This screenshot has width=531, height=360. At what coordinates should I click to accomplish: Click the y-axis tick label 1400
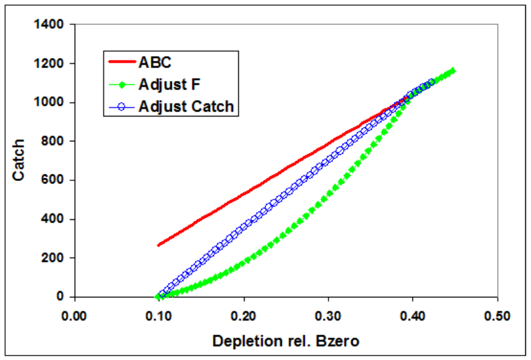[50, 25]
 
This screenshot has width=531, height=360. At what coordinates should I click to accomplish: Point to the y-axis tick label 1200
[50, 64]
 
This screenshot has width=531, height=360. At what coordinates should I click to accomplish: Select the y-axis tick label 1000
[50, 103]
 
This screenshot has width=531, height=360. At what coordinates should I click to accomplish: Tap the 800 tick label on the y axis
[53, 141]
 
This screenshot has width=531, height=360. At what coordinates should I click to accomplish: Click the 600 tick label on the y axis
[53, 180]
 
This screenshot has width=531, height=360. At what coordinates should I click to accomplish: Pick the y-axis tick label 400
[53, 219]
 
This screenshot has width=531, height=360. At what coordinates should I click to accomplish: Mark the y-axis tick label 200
[53, 258]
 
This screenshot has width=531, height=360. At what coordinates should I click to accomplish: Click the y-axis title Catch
[20, 159]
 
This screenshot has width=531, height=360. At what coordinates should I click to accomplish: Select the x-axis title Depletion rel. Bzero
[286, 341]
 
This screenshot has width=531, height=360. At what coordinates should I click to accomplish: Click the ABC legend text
[155, 62]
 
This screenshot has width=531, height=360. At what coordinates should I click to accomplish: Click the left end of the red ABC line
[159, 245]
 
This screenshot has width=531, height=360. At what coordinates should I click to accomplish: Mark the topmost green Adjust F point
[453, 71]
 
